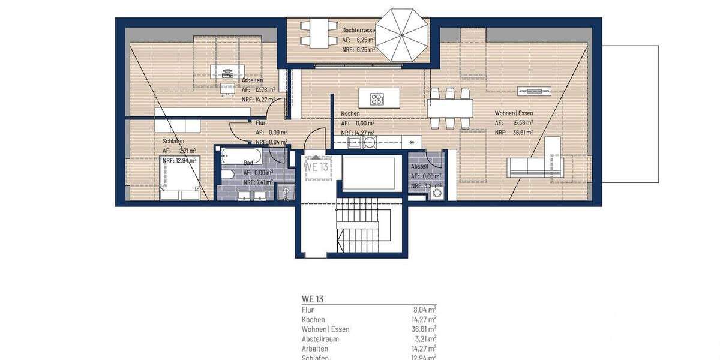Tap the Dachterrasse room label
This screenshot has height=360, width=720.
click(x=358, y=29)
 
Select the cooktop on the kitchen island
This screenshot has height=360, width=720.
click(x=377, y=98)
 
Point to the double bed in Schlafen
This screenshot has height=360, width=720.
click(x=178, y=178)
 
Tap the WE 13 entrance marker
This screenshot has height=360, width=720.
click(x=316, y=166)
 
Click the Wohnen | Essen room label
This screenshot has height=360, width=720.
click(x=514, y=113)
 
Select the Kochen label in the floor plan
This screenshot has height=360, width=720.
click(x=350, y=113)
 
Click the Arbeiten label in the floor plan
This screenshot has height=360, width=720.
click(x=252, y=80)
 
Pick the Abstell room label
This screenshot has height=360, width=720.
click(x=419, y=167)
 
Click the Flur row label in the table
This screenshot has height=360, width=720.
click(x=308, y=310)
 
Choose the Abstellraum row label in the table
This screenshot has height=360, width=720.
click(x=320, y=339)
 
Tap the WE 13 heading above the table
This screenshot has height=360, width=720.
click(x=312, y=298)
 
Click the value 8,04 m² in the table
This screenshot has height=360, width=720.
click(x=423, y=310)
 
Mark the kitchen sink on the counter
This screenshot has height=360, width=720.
click(x=354, y=142)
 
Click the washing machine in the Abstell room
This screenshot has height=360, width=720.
click(x=437, y=193)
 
